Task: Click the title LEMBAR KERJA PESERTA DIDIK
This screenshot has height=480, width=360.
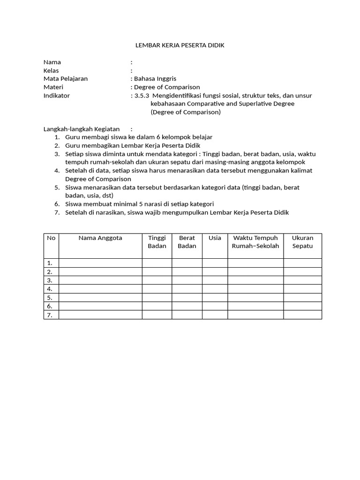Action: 180,45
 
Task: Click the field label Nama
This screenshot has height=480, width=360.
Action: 52,62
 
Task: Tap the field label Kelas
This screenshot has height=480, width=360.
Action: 51,71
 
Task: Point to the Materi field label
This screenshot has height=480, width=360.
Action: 53,87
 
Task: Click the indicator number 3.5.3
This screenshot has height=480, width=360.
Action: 142,96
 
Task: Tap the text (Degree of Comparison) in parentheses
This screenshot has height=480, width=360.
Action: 185,112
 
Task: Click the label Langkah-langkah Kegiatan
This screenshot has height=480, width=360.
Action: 82,129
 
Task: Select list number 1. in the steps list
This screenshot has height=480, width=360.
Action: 57,137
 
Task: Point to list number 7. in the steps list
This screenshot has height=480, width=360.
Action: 57,212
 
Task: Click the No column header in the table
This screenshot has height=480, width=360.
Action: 51,238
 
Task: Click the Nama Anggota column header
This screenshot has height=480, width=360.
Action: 100,238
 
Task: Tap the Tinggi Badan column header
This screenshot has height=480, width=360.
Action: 157,242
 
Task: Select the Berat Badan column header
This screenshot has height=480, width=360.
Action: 187,242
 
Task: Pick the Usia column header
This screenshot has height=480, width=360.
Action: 215,238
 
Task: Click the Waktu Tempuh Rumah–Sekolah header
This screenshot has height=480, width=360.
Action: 255,242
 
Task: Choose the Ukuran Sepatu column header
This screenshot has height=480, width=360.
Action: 302,242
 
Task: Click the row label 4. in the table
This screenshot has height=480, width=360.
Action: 50,289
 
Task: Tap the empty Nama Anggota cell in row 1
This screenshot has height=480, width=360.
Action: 100,263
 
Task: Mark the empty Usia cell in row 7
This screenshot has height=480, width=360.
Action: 215,315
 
